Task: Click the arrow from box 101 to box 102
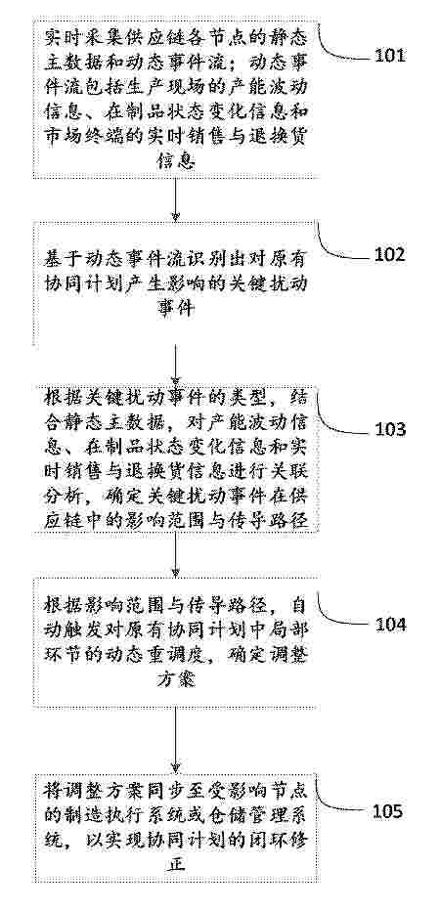point(175,198)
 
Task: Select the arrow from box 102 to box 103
point(175,365)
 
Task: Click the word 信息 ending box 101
point(175,161)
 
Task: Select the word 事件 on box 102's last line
point(175,309)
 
